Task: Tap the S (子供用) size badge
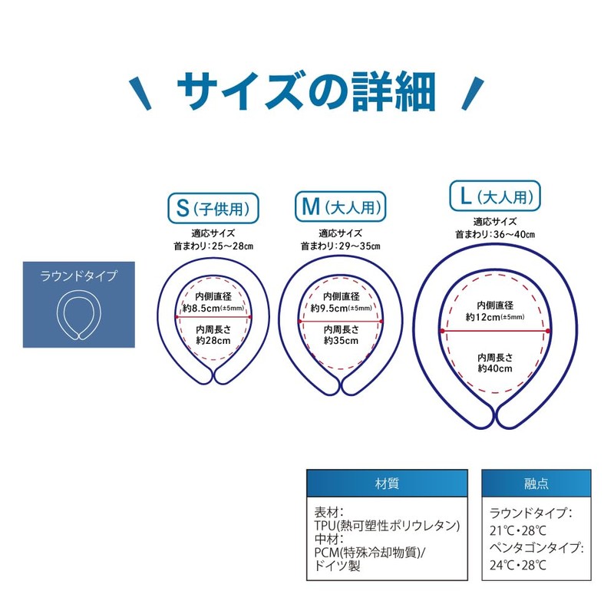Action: coord(213,207)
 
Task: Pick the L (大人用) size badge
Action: coord(495,196)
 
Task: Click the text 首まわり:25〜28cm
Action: coord(213,246)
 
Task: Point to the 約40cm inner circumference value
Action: coord(495,368)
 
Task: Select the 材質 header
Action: coord(387,484)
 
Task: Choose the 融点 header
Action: coord(536,484)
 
